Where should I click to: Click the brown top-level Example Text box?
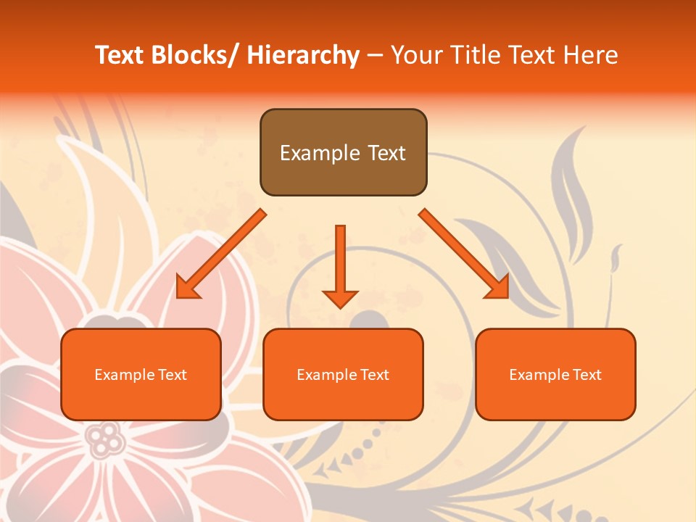pyautogui.click(x=343, y=152)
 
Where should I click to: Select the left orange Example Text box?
pyautogui.click(x=141, y=374)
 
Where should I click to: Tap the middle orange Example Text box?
pyautogui.click(x=343, y=374)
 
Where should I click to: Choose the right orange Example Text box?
pyautogui.click(x=555, y=374)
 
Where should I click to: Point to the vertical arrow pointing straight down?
pyautogui.click(x=340, y=265)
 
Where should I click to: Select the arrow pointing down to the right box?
pyautogui.click(x=464, y=254)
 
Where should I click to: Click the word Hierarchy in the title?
pyautogui.click(x=303, y=55)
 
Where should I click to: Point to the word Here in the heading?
pyautogui.click(x=590, y=55)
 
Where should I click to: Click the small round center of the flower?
pyautogui.click(x=106, y=437)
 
